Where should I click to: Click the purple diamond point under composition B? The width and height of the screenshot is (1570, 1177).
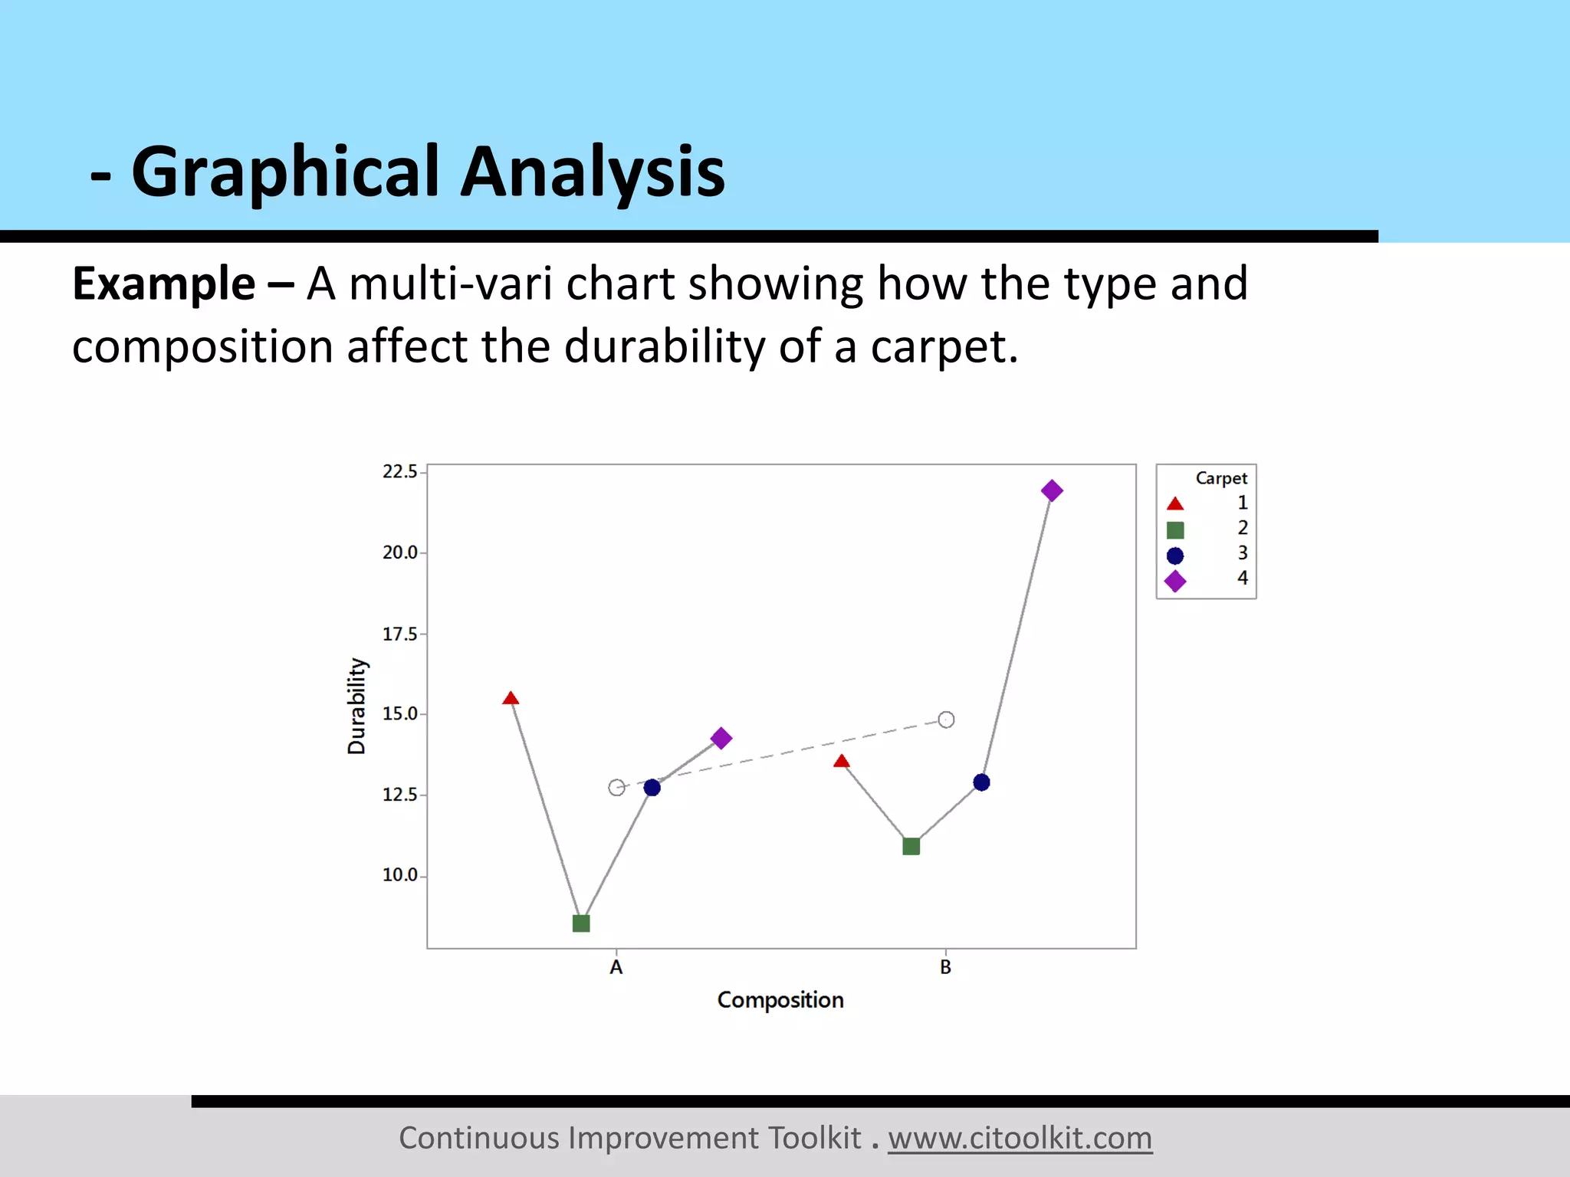click(1052, 490)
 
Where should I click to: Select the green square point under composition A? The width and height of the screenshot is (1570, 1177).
click(581, 923)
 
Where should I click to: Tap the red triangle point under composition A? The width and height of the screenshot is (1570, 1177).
click(511, 698)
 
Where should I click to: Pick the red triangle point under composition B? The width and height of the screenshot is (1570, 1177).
click(842, 762)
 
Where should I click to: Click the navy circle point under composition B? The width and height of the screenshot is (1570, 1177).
click(981, 782)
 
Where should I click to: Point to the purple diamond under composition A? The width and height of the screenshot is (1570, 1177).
click(721, 739)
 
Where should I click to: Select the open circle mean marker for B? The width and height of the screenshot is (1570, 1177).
click(946, 720)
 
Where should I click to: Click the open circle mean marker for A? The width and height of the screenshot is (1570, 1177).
click(616, 787)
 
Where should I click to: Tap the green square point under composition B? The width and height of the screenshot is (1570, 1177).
click(911, 846)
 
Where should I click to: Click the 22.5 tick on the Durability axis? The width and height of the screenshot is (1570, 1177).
click(400, 472)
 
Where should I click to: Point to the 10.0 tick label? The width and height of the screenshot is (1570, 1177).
click(400, 875)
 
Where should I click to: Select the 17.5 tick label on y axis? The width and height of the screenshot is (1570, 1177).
click(400, 634)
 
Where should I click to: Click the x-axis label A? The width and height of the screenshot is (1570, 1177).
click(616, 968)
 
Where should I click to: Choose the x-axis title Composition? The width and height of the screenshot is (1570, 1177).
click(780, 1000)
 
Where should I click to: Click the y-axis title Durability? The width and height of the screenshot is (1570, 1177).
click(356, 706)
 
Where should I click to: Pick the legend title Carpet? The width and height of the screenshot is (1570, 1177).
click(1221, 478)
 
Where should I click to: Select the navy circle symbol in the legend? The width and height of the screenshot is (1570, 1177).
click(1175, 556)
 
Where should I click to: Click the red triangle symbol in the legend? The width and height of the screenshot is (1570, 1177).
click(1175, 504)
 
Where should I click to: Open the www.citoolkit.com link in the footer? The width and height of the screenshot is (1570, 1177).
click(1020, 1138)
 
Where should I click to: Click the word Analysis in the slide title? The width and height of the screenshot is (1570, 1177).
click(592, 172)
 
